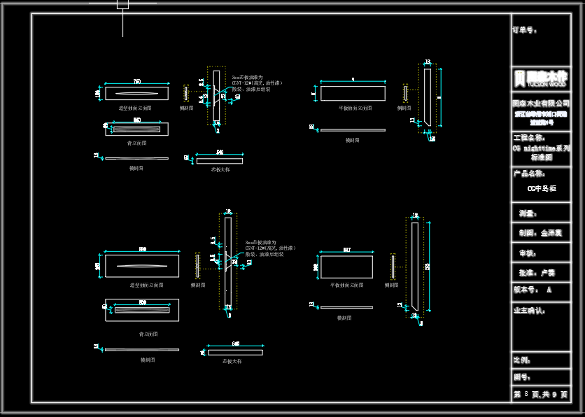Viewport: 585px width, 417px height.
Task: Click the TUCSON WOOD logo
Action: (540, 78)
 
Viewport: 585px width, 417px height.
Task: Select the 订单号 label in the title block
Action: (525, 30)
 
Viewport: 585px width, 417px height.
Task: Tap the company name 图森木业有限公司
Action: (541, 103)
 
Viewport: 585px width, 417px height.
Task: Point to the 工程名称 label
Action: (529, 138)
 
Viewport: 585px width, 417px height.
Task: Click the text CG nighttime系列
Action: (541, 148)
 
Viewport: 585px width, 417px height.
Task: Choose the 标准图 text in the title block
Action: (541, 157)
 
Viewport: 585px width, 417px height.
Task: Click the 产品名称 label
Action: (529, 174)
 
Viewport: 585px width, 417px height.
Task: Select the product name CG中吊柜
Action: (541, 188)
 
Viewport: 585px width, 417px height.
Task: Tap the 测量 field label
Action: (527, 213)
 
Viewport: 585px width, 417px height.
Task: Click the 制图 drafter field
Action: (540, 233)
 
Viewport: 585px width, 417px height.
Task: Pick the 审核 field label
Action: (527, 253)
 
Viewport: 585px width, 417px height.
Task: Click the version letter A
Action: (549, 289)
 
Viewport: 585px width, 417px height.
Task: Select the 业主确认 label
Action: (530, 310)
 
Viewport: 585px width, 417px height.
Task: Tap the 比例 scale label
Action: (522, 360)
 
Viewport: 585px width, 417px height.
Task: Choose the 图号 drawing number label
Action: (522, 377)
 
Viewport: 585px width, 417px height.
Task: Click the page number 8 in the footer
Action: (526, 395)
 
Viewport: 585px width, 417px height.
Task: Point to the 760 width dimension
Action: (137, 82)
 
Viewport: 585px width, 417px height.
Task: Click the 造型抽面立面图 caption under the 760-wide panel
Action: (135, 108)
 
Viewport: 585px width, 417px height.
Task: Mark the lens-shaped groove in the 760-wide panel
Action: (136, 94)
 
